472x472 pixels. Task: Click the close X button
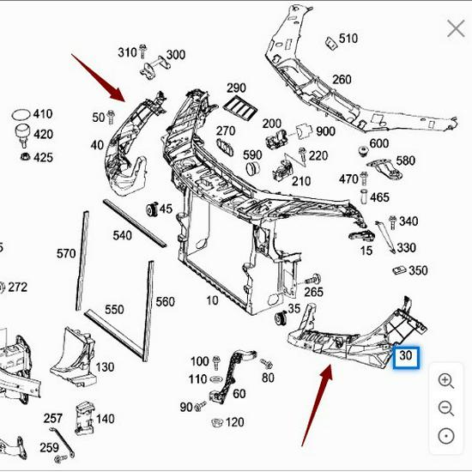tap(455, 29)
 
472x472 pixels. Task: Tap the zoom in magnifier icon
tap(445, 380)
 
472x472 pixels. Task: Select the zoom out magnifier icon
tap(445, 408)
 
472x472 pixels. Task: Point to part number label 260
tap(342, 80)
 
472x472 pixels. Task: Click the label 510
tap(348, 39)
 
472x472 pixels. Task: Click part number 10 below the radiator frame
tap(212, 300)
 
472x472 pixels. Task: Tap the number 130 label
tap(105, 367)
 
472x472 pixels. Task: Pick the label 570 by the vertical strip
tap(66, 253)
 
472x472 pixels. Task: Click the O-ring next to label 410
tap(19, 114)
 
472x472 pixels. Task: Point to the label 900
tap(325, 131)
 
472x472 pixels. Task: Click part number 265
tap(313, 293)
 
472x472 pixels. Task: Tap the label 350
tap(418, 270)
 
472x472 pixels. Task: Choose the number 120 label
tap(234, 422)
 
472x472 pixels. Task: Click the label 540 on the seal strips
tap(123, 234)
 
